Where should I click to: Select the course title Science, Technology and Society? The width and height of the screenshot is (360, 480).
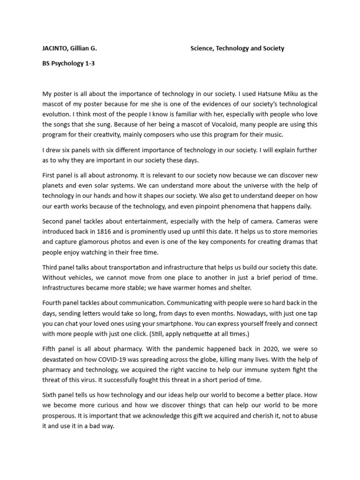pyautogui.click(x=237, y=48)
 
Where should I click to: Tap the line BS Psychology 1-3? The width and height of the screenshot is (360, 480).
pyautogui.click(x=68, y=64)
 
